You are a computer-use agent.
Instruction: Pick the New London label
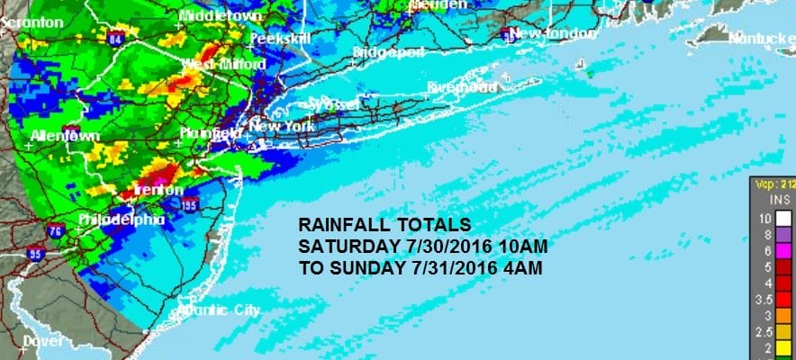[x=553, y=34]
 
